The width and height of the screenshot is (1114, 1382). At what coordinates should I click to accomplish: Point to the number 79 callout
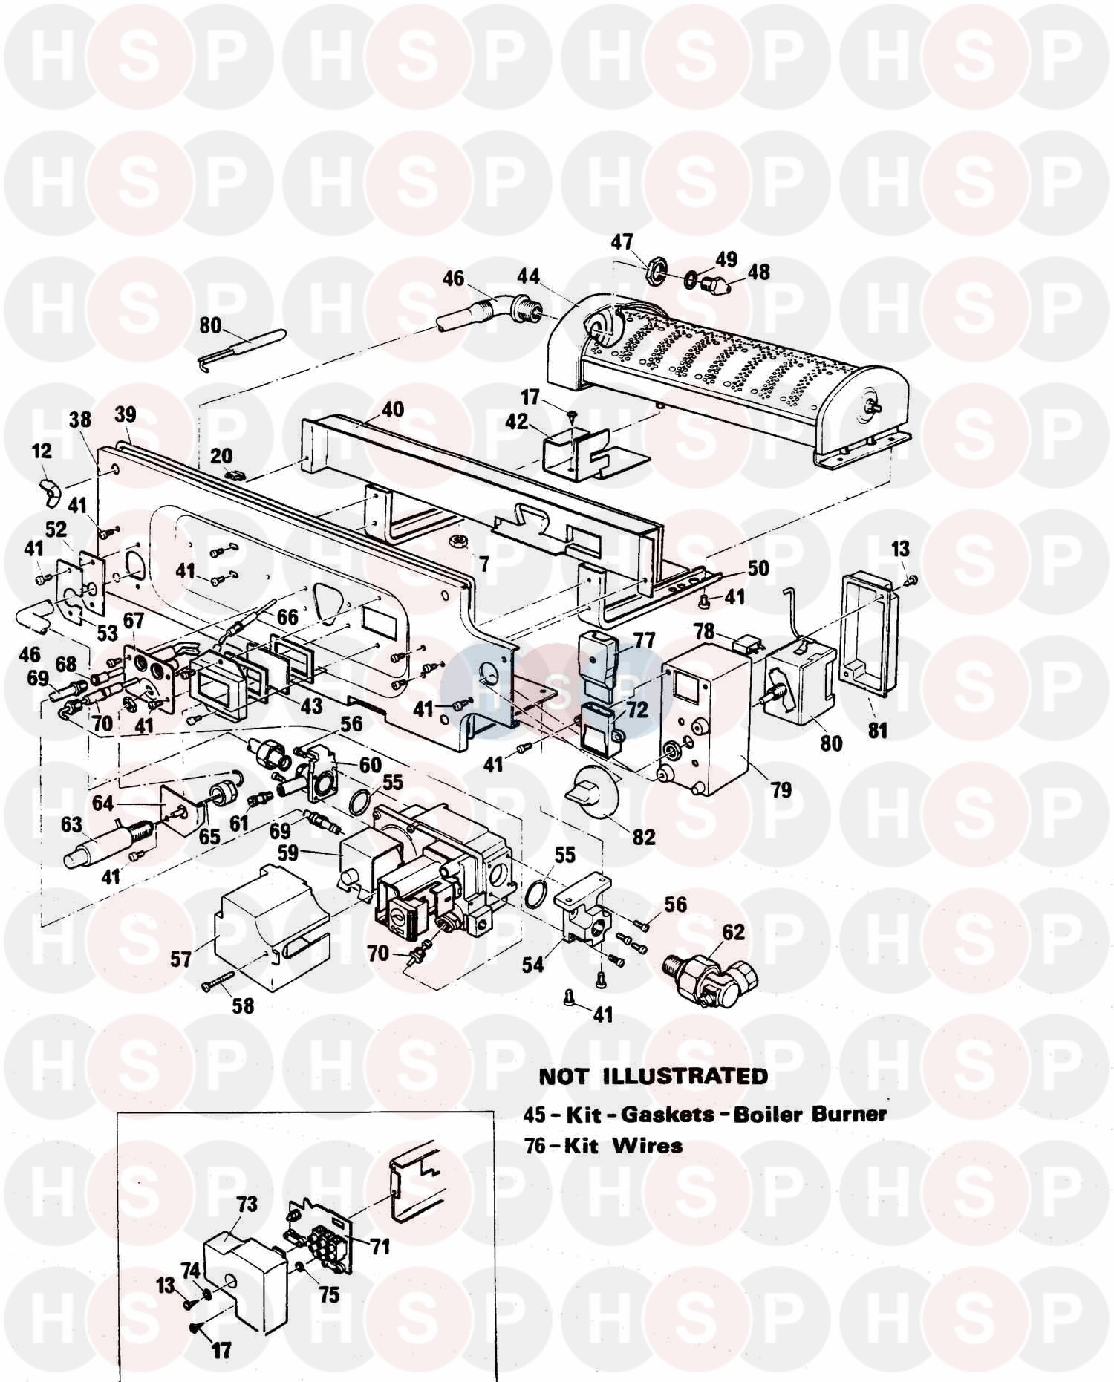point(781,790)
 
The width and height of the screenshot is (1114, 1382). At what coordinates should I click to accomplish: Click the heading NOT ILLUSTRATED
point(654,1077)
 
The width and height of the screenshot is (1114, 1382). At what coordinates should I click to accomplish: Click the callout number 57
point(180,959)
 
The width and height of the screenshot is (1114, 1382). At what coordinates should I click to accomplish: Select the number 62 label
point(732,932)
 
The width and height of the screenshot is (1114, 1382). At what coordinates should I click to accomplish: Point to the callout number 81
point(877,731)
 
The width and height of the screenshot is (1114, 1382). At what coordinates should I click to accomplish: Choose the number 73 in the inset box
point(246,1204)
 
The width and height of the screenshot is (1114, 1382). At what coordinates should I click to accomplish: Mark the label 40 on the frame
point(392,409)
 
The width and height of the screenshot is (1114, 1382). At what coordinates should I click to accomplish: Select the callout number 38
point(80,420)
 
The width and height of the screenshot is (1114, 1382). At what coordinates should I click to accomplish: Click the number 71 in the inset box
point(380,1245)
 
